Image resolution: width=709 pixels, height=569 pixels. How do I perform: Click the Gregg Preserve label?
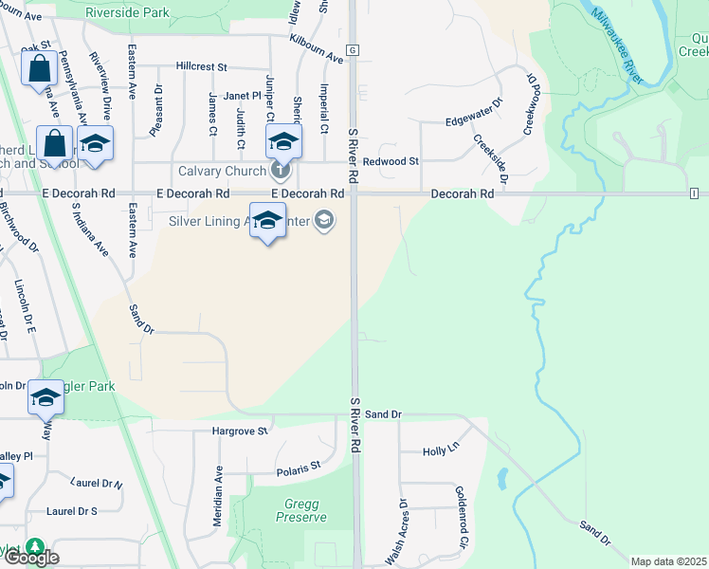pyautogui.click(x=300, y=510)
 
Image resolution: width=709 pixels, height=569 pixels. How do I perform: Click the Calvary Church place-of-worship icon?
pyautogui.click(x=280, y=171)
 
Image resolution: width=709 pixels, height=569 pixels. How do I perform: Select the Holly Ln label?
pyautogui.click(x=440, y=451)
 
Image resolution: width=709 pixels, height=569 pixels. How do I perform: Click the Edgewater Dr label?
pyautogui.click(x=472, y=119)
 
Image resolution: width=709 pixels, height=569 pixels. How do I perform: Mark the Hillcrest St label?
pyautogui.click(x=202, y=67)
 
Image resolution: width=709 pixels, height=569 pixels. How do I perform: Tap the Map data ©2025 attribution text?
pyautogui.click(x=668, y=561)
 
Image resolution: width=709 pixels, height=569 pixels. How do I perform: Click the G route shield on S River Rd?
pyautogui.click(x=352, y=49)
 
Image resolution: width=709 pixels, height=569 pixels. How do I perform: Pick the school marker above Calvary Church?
pyautogui.click(x=282, y=142)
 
